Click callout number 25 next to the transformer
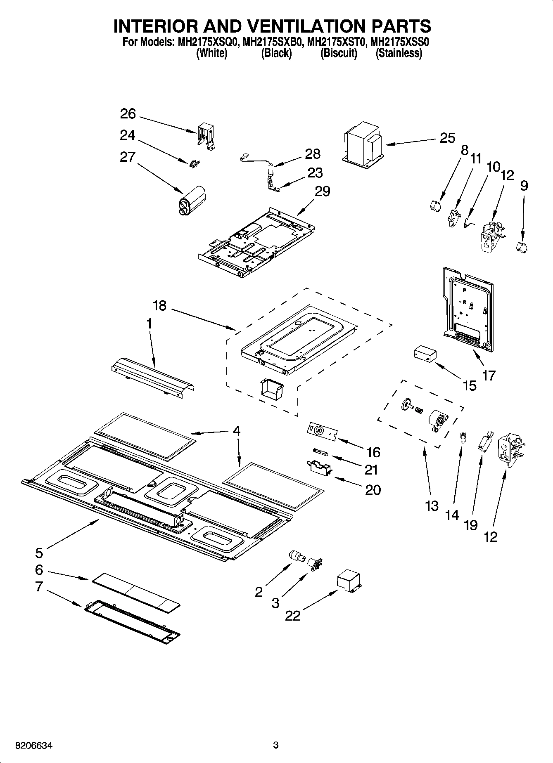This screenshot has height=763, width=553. [447, 138]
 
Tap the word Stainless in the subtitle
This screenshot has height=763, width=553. [399, 53]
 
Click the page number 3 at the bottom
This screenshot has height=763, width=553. [276, 745]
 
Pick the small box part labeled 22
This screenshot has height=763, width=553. [349, 581]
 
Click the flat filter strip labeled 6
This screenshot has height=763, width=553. [136, 592]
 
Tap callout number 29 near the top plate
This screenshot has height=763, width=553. [322, 191]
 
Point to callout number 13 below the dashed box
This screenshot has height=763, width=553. [432, 506]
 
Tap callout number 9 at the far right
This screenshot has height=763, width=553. [524, 186]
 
